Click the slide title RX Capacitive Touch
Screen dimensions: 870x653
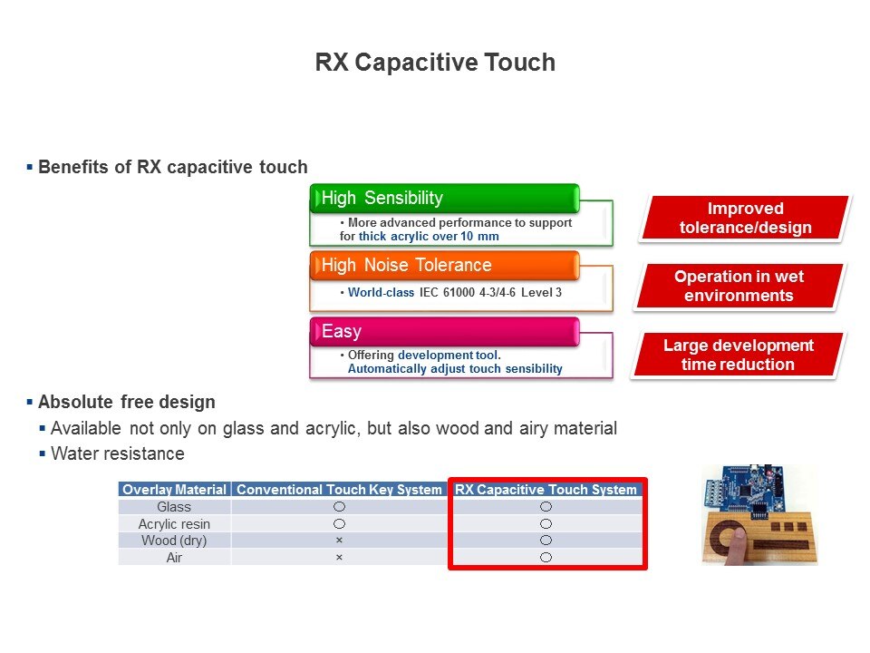(x=435, y=63)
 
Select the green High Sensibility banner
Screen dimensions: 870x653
(x=444, y=199)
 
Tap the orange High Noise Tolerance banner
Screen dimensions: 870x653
(x=444, y=266)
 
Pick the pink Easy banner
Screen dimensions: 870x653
(x=444, y=332)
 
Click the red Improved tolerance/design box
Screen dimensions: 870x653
(x=745, y=219)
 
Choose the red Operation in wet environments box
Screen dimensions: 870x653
(x=739, y=286)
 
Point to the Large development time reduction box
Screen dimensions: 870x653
(x=738, y=355)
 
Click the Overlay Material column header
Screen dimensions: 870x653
(x=174, y=489)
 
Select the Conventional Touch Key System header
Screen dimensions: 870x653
(x=339, y=489)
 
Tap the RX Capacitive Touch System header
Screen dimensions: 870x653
(x=546, y=489)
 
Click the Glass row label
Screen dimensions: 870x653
(x=174, y=506)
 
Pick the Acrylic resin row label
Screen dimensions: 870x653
(x=174, y=523)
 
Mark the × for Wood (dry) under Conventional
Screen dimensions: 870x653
(x=339, y=541)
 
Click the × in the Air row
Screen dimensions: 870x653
(x=339, y=558)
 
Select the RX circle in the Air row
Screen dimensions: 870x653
(x=546, y=558)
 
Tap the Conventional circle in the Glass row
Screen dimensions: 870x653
(x=339, y=506)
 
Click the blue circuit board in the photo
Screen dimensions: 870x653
(x=745, y=490)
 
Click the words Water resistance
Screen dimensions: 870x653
(x=118, y=453)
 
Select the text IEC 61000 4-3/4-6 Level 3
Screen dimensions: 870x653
(x=490, y=293)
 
